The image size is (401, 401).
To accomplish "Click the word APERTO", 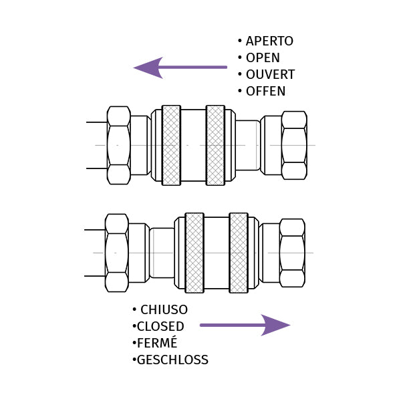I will coord(269,41).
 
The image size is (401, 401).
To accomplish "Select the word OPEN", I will coord(263,58).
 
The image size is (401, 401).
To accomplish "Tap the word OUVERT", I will coord(270,75).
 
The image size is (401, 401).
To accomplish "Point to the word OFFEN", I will coord(265,92).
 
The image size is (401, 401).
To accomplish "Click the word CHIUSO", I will coord(164,310).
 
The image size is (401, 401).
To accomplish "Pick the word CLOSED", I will coord(160,327).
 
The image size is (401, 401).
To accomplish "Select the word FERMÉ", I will coord(157,344).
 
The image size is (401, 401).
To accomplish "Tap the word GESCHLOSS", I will coord(172,360).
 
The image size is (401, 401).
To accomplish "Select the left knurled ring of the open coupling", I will coord(171,145).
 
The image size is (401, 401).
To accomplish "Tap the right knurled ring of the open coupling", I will coord(215,145).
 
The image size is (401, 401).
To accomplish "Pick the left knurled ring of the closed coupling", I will coord(194,253).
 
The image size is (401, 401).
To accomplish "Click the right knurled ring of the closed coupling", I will coord(239,253).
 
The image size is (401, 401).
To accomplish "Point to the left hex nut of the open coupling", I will coord(118,145).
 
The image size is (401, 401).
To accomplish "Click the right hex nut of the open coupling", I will coord(294,145).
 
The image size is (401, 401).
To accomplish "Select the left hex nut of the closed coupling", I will coord(116,253).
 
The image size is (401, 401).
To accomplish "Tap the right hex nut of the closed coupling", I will coord(292,253).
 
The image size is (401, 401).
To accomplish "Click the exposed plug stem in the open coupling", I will coord(247,145).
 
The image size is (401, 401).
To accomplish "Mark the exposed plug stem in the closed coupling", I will coord(162,253).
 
